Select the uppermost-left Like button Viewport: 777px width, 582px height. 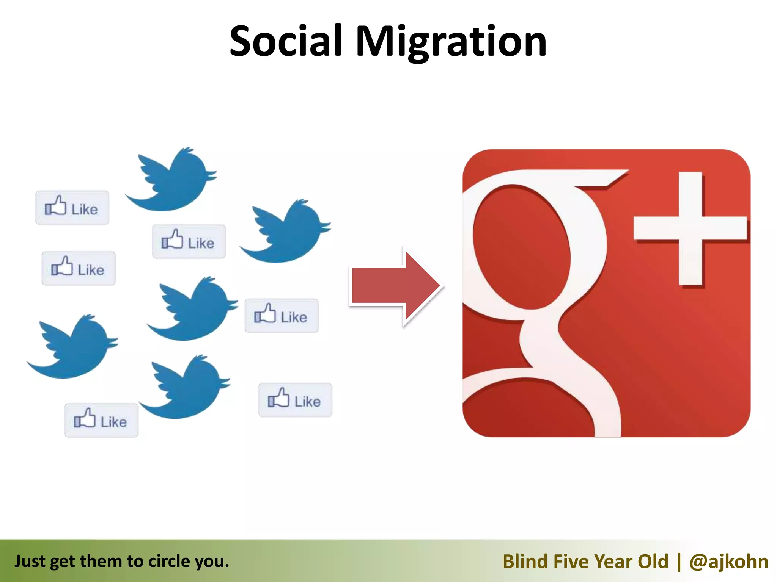click(72, 208)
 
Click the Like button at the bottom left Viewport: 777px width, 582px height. click(101, 421)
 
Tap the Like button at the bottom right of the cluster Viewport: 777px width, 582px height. click(295, 400)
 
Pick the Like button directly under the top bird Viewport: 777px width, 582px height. click(189, 242)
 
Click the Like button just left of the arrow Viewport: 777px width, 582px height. click(282, 316)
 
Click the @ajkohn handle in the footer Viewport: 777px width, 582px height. click(728, 562)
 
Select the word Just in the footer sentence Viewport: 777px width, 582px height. click(30, 562)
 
